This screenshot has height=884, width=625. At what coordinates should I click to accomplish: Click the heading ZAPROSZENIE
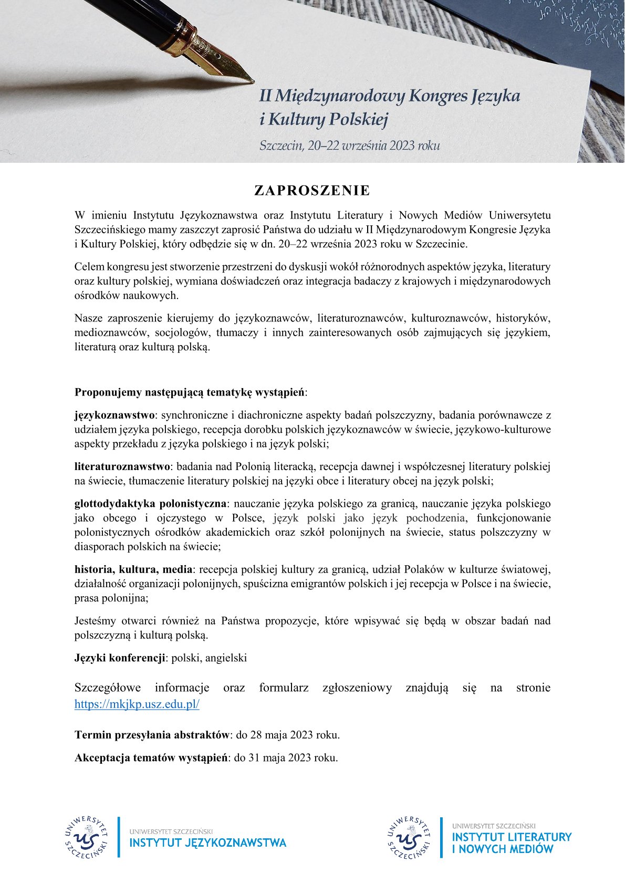click(312, 191)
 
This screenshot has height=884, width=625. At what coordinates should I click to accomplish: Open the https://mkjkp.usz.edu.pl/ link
click(137, 704)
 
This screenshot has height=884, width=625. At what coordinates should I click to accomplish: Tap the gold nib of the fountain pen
click(231, 68)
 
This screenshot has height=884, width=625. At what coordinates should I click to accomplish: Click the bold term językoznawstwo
click(114, 415)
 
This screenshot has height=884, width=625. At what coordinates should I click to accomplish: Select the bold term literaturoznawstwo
click(122, 466)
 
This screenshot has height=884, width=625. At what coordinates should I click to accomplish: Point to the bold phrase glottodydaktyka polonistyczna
click(150, 504)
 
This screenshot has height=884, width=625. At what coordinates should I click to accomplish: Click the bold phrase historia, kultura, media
click(134, 569)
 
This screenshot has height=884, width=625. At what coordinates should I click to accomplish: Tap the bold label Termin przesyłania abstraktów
click(152, 735)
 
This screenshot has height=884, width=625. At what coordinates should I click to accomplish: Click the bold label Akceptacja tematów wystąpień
click(151, 758)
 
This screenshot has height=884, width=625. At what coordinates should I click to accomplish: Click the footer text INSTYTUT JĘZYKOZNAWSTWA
click(208, 843)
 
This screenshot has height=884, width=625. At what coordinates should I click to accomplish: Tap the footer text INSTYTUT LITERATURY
click(512, 837)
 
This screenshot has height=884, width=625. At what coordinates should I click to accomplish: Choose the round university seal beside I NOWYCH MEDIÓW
click(410, 837)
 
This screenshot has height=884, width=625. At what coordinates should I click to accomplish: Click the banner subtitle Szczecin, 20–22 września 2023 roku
click(349, 145)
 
